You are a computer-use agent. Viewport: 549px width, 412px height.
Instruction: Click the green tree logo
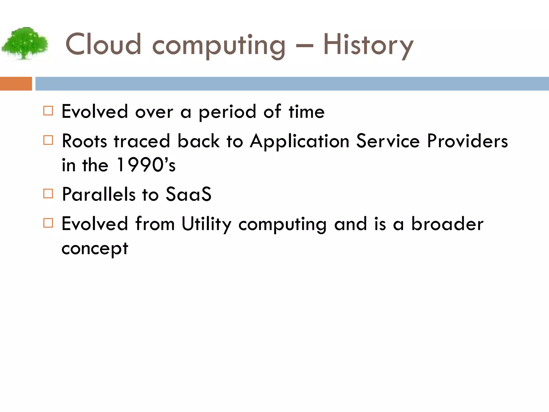(x=25, y=43)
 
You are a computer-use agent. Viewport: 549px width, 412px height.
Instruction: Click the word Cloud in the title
(x=103, y=45)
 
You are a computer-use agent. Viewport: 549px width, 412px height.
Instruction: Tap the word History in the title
(x=368, y=45)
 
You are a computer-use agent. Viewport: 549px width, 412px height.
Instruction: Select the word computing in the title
(x=219, y=46)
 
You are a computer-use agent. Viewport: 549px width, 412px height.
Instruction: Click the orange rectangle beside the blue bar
(x=16, y=84)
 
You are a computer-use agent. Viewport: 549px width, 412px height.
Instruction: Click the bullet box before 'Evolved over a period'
(x=48, y=111)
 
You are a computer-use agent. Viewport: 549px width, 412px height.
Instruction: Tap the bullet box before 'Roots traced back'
(x=48, y=140)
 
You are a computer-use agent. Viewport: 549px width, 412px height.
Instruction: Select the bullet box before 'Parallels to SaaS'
(x=48, y=193)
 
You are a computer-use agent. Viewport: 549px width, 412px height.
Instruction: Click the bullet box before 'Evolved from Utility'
(x=48, y=223)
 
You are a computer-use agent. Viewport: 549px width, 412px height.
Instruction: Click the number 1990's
(x=146, y=165)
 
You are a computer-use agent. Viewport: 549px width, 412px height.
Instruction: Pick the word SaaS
(x=188, y=194)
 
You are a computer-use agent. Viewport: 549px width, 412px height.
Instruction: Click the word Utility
(x=206, y=224)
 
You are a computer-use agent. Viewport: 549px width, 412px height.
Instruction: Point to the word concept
(x=95, y=249)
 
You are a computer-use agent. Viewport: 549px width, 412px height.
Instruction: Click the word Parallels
(x=99, y=194)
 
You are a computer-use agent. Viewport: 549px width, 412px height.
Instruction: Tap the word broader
(x=447, y=224)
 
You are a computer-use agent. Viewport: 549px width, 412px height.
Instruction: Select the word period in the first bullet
(x=227, y=112)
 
